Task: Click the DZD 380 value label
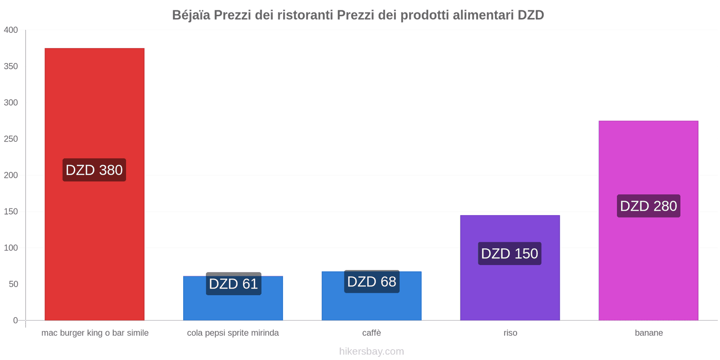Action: tap(94, 170)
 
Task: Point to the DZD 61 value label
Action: tap(234, 284)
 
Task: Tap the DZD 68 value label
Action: tap(372, 282)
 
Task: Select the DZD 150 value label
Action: tap(509, 254)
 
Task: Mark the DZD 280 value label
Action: tap(648, 206)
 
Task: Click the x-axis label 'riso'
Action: tap(510, 333)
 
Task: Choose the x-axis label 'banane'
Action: tap(648, 333)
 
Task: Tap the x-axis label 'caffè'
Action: tap(372, 333)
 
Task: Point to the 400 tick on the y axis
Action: tap(11, 30)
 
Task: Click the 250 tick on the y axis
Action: tap(11, 139)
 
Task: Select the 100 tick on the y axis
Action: tap(11, 248)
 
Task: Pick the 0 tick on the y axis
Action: tap(15, 320)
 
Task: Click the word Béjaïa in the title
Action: tap(191, 15)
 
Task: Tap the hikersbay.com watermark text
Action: tap(372, 351)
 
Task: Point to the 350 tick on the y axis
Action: tap(11, 67)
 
